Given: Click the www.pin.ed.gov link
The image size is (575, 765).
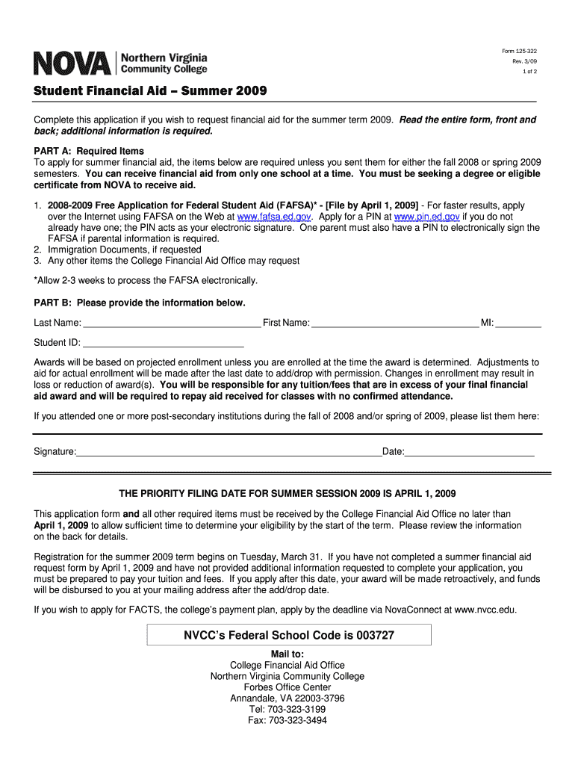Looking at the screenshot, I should pyautogui.click(x=426, y=217).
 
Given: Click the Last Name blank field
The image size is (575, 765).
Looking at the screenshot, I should pyautogui.click(x=172, y=323).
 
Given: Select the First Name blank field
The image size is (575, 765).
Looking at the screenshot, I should pyautogui.click(x=395, y=323).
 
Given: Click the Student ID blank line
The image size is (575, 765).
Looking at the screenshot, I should pyautogui.click(x=163, y=344).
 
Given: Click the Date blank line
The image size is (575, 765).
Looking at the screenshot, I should pyautogui.click(x=469, y=453).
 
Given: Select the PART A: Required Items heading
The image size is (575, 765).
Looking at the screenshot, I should pyautogui.click(x=89, y=151).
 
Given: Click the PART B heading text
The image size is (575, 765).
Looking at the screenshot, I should pyautogui.click(x=139, y=303).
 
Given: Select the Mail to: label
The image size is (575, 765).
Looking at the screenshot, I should pyautogui.click(x=287, y=654).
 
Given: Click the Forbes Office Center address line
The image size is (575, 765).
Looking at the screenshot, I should pyautogui.click(x=287, y=687).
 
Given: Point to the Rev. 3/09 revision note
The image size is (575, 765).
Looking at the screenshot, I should pyautogui.click(x=523, y=61).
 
